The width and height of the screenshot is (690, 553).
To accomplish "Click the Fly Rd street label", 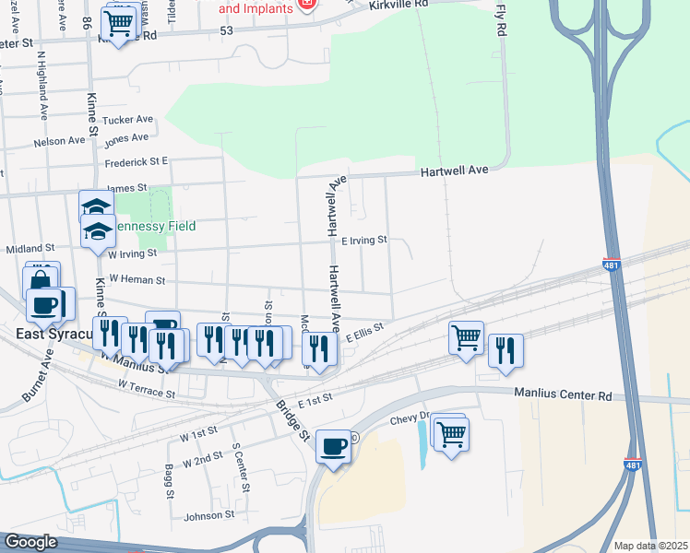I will click(502, 20).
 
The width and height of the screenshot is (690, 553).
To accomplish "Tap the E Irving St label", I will click(363, 241).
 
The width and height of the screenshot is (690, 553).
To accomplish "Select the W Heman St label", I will click(137, 279).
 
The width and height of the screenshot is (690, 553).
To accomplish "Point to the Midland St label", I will click(30, 249).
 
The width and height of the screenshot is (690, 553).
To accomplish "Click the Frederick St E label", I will click(136, 161).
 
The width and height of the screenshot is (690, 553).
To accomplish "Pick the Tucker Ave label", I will click(127, 120).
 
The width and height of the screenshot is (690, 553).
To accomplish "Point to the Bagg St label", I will click(170, 480).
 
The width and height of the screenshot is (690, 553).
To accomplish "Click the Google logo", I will click(30, 542).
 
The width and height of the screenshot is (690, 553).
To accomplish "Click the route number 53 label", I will click(227, 31).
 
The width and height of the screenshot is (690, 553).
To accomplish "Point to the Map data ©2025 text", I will click(650, 546).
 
